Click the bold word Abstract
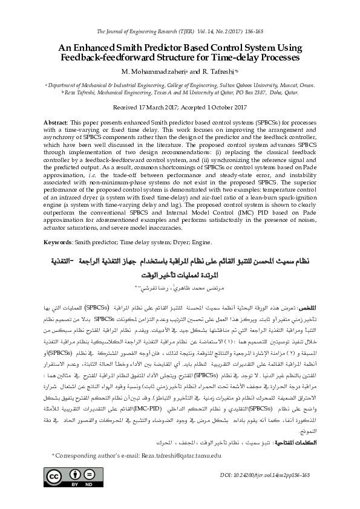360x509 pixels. (x=55, y=123)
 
